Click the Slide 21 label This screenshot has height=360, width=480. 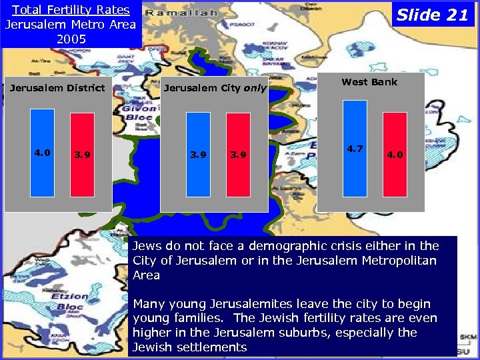pyautogui.click(x=433, y=15)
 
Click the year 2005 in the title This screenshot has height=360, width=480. pyautogui.click(x=71, y=39)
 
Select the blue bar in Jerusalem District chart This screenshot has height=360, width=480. pyautogui.click(x=42, y=155)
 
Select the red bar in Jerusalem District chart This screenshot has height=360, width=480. pyautogui.click(x=83, y=155)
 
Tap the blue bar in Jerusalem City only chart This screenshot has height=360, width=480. pyautogui.click(x=198, y=155)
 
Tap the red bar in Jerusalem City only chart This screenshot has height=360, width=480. pyautogui.click(x=238, y=155)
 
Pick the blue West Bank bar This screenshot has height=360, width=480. pyautogui.click(x=355, y=148)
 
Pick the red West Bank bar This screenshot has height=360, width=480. pyautogui.click(x=395, y=155)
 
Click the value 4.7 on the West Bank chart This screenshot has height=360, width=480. pyautogui.click(x=355, y=149)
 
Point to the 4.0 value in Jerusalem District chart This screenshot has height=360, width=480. pyautogui.click(x=42, y=153)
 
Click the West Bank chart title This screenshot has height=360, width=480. pyautogui.click(x=369, y=82)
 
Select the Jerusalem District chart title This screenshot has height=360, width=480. pyautogui.click(x=57, y=88)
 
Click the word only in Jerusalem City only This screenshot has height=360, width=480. pyautogui.click(x=255, y=88)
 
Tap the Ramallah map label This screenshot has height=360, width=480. pyautogui.click(x=181, y=13)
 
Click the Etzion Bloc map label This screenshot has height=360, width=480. pyautogui.click(x=71, y=301)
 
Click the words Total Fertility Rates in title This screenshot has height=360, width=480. pyautogui.click(x=71, y=10)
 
